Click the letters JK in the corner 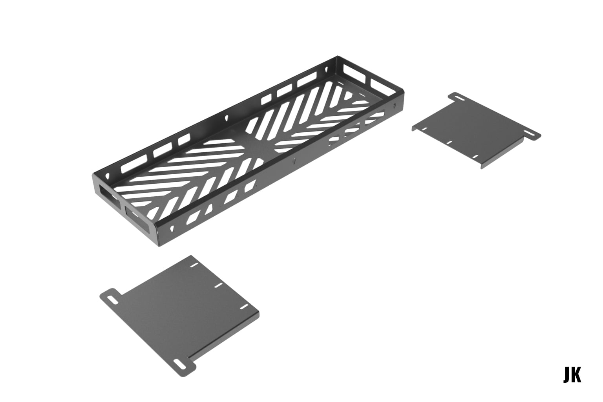(x=572, y=375)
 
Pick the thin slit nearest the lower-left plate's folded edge (x=244, y=306)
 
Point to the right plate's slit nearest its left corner (x=424, y=128)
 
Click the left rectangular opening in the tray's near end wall (x=107, y=195)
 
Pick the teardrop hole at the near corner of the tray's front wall (x=172, y=227)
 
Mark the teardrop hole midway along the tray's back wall (x=227, y=117)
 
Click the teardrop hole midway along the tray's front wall (x=294, y=161)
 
